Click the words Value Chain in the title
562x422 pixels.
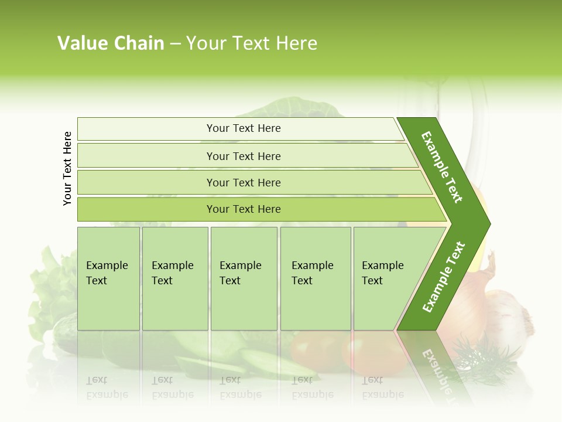point(111,43)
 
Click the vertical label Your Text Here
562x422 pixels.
point(67,168)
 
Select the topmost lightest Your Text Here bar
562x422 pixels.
point(244,128)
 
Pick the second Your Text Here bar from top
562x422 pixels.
point(244,156)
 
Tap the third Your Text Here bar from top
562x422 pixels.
point(244,182)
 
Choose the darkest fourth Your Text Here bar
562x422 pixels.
point(244,209)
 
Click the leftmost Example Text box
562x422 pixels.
point(108,278)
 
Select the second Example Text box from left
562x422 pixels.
point(174,278)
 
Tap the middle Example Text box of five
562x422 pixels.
point(244,278)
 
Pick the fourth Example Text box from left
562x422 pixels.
point(315,278)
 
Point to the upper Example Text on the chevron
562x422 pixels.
point(442,167)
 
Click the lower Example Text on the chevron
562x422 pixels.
point(443,277)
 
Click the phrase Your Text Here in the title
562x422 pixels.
point(252,43)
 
